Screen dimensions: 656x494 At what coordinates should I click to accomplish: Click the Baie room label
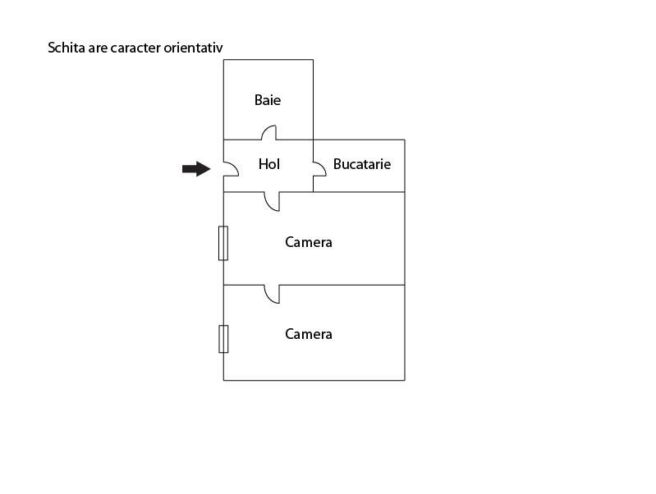click(268, 100)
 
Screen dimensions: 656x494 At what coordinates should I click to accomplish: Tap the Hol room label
click(269, 164)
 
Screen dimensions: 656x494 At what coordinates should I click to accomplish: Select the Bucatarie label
click(362, 164)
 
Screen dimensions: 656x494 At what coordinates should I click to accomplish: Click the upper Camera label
click(309, 242)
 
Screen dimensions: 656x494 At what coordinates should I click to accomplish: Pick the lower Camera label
click(309, 334)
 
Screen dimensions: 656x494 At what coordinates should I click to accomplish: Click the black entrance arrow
click(196, 169)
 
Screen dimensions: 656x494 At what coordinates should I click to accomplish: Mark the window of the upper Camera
click(223, 244)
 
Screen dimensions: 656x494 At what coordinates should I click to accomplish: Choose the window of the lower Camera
click(223, 339)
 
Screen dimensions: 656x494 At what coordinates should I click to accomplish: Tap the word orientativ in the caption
click(193, 48)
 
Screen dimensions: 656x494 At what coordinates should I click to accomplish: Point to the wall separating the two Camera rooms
click(314, 286)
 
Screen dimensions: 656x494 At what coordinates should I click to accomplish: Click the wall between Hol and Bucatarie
click(313, 166)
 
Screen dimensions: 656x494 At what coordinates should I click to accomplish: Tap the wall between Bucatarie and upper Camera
click(359, 192)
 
